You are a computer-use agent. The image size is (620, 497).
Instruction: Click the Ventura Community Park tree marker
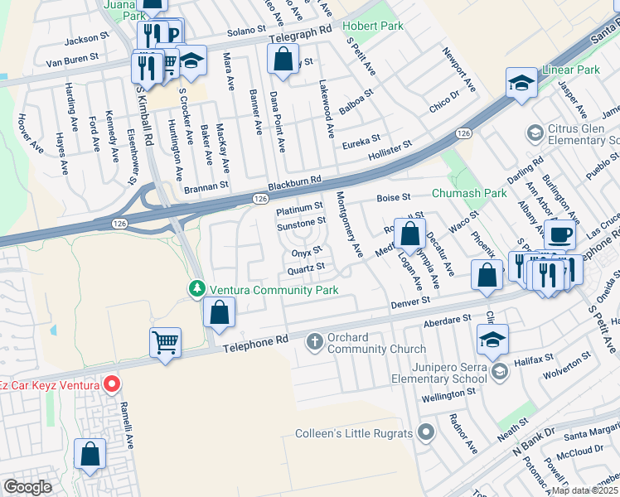pos(197,289)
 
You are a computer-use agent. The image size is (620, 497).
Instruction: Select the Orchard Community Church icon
pos(314,340)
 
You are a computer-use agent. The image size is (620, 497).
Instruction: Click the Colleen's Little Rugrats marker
pos(426,432)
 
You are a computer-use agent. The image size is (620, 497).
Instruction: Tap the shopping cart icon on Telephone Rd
pos(165,341)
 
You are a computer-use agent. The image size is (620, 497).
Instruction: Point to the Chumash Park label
pos(468,195)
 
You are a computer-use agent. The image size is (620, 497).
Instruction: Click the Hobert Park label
pos(372,27)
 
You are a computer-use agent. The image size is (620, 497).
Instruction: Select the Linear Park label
pos(570,70)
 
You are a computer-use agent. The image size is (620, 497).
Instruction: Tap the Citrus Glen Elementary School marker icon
pos(535,132)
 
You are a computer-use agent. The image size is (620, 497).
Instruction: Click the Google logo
pos(27,486)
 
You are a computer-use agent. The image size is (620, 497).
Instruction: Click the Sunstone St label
pos(301,223)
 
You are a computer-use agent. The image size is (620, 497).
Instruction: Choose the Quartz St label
pos(304,267)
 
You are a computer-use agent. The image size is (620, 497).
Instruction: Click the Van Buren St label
pos(72,58)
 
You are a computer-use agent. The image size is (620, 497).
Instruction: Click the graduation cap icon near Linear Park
pos(521,84)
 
